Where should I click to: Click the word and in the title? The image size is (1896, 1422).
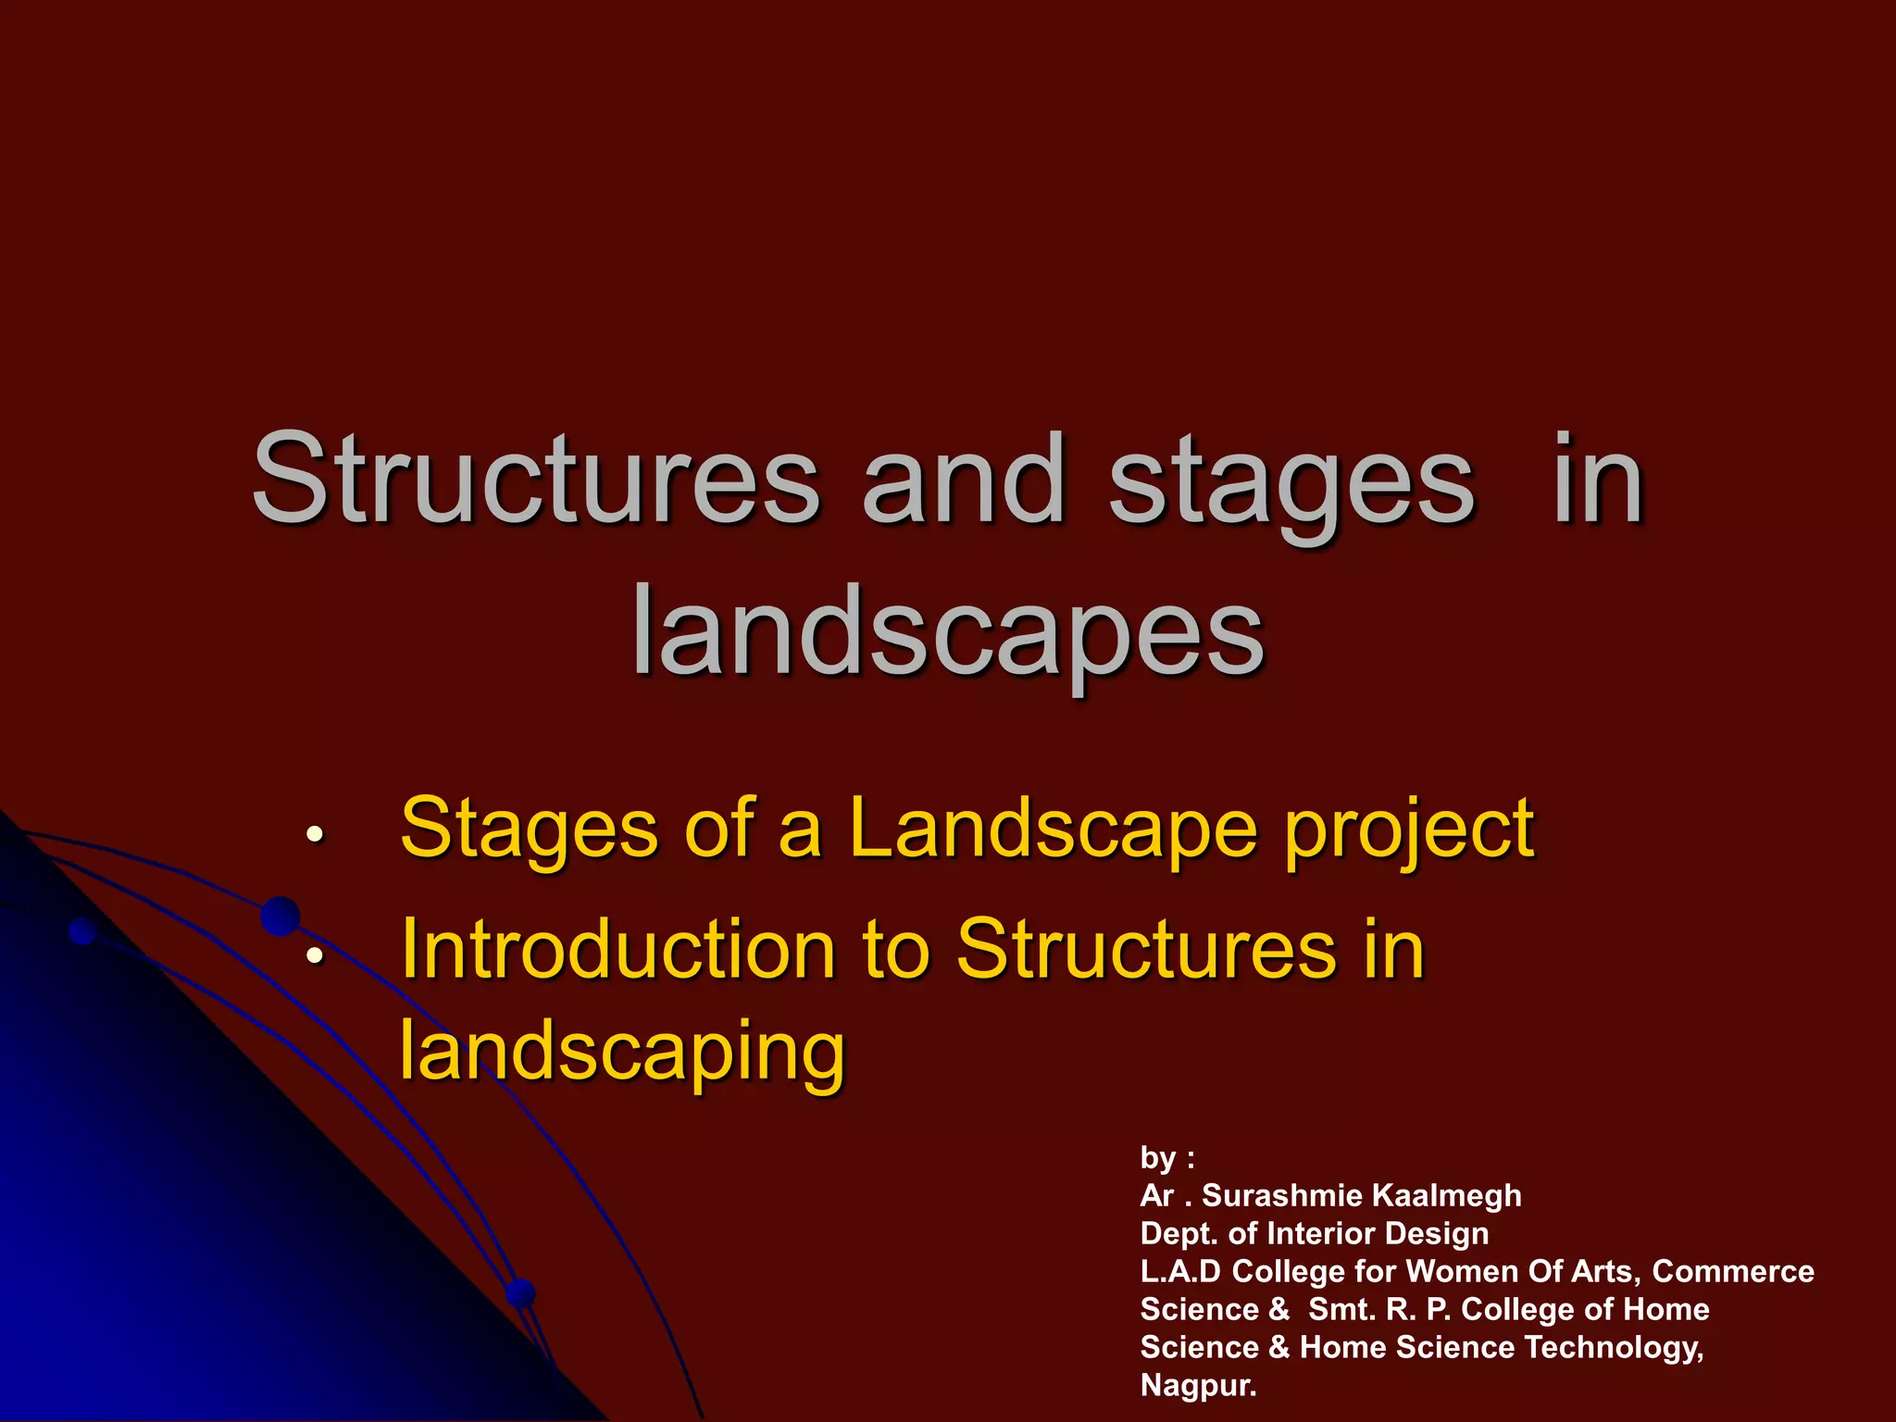pyautogui.click(x=963, y=481)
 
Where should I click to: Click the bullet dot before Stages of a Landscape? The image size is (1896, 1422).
pyautogui.click(x=315, y=834)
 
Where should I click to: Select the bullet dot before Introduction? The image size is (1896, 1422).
pyautogui.click(x=315, y=954)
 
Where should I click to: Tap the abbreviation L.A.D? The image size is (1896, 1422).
pyautogui.click(x=1180, y=1272)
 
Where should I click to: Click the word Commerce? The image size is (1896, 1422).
pyautogui.click(x=1732, y=1272)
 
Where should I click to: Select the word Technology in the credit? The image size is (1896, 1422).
pyautogui.click(x=1613, y=1348)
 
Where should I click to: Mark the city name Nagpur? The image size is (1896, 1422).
pyautogui.click(x=1198, y=1386)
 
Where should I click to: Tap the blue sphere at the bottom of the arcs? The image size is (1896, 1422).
pyautogui.click(x=521, y=1292)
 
